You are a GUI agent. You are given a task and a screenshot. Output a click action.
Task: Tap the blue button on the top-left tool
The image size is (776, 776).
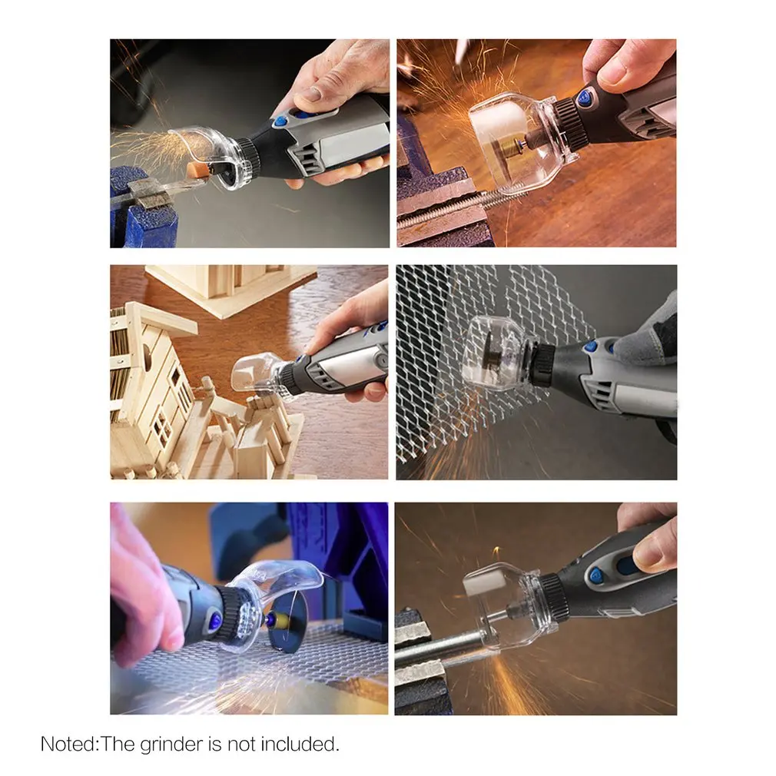(280, 122)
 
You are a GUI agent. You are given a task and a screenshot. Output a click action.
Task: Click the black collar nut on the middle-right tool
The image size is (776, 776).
(543, 364)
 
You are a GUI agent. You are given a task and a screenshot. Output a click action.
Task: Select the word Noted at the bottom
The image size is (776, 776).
(67, 744)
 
